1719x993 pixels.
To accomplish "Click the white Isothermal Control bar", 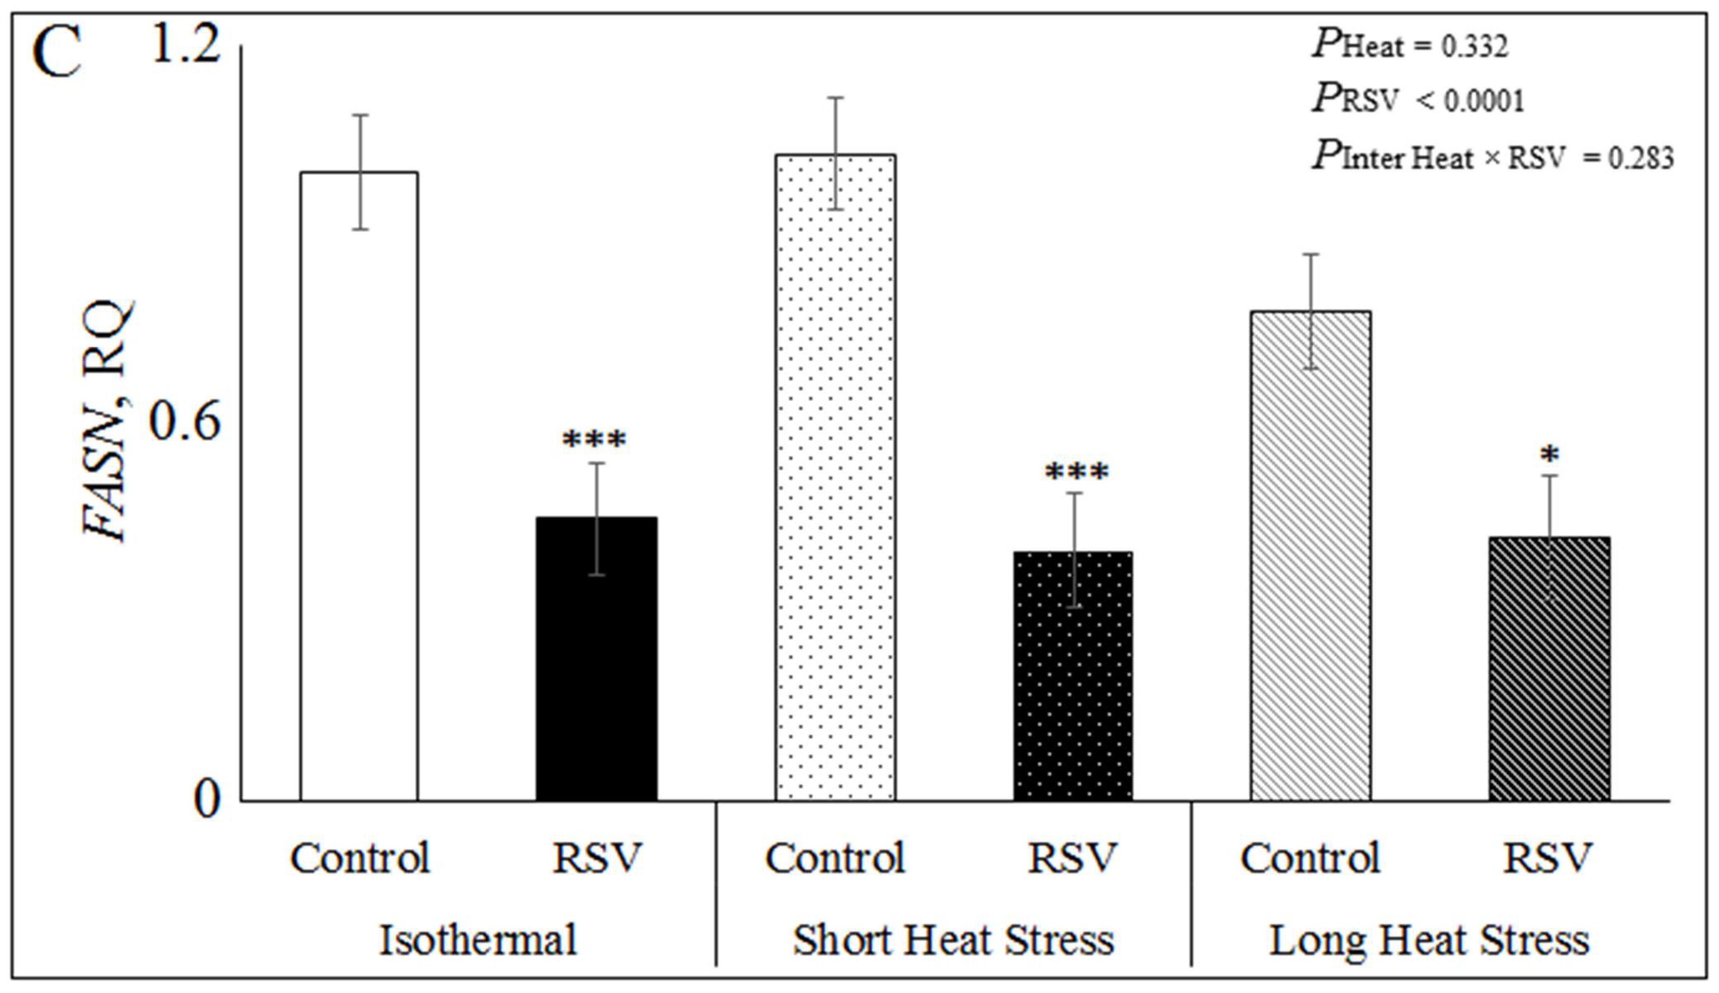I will (x=359, y=486).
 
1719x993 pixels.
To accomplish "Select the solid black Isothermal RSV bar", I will (x=597, y=658).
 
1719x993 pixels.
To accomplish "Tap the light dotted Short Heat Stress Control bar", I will (x=835, y=477).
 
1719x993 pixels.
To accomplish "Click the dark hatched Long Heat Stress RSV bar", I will (x=1549, y=668).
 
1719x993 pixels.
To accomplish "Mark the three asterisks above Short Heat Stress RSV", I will (x=1077, y=472).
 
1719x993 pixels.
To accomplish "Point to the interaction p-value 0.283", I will (x=1642, y=158).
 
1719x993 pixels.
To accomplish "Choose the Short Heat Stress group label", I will (x=953, y=940).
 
